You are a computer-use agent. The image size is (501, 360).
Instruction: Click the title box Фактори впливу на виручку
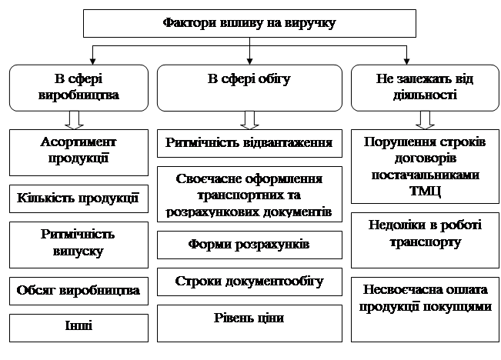pos(249,23)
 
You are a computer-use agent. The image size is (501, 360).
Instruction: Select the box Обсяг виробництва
pos(78,291)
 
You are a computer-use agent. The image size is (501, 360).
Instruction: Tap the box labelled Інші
pos(78,326)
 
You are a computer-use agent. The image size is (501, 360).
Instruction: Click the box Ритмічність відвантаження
pos(249,143)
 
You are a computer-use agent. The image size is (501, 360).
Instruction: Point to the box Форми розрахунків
pos(249,245)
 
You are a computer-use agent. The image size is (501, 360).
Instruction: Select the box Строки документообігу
pos(249,281)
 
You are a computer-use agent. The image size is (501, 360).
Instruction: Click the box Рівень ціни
pos(249,318)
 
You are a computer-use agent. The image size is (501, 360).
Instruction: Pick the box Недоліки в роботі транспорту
pos(424,233)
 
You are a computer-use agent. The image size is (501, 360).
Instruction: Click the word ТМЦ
pos(424,188)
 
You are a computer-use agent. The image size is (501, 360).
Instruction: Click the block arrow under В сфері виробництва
pos(74,120)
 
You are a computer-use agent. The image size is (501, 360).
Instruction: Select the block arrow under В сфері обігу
pos(249,120)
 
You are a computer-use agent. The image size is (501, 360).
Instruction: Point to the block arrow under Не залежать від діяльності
pos(424,120)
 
